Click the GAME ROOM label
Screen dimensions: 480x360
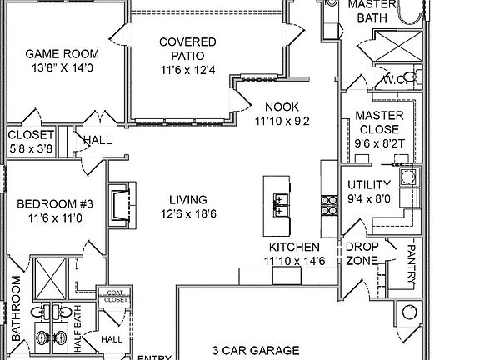(62, 54)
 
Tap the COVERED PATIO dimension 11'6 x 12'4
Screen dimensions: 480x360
(188, 70)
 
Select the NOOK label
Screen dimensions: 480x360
(282, 107)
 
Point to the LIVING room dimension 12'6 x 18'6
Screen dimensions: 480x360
(188, 213)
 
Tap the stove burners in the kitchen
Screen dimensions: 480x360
(329, 205)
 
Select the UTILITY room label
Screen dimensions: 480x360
(369, 185)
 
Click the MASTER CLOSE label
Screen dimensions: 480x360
(380, 122)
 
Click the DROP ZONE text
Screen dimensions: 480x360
(362, 253)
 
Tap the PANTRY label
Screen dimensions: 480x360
(411, 264)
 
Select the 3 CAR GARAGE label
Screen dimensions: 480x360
(256, 350)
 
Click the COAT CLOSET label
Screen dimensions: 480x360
(115, 296)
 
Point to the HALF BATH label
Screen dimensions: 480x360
(77, 328)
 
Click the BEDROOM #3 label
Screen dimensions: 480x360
(55, 204)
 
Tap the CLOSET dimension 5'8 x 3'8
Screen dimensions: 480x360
(31, 148)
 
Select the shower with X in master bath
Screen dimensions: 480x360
(399, 46)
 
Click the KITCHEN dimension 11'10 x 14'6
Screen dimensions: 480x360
(294, 261)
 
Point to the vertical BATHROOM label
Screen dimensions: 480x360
(16, 308)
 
